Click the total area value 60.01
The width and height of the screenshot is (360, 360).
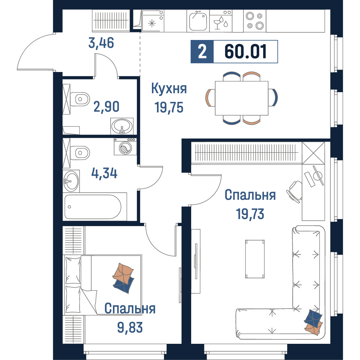tap(246, 51)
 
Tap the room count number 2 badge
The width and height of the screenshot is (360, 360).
tap(202, 51)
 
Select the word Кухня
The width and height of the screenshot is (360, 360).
tap(169, 89)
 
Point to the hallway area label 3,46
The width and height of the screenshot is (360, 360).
tap(101, 43)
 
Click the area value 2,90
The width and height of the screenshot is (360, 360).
tap(106, 107)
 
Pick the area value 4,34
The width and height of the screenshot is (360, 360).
tap(104, 173)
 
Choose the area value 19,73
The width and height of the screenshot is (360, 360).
tap(250, 214)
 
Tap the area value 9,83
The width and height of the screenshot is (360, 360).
tap(130, 327)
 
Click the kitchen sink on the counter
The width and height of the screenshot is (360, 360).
tap(198, 21)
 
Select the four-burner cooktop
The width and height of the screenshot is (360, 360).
tap(255, 21)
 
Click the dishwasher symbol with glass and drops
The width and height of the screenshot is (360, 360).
tap(221, 21)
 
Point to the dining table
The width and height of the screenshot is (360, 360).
tap(242, 98)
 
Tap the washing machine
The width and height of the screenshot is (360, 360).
tap(125, 147)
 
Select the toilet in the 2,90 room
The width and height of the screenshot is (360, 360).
tap(80, 99)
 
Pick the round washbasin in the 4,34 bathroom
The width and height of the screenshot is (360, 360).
tap(71, 181)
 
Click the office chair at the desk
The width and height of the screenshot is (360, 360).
tap(294, 192)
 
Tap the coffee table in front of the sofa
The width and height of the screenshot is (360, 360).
tap(255, 259)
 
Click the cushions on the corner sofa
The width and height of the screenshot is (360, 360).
tap(313, 321)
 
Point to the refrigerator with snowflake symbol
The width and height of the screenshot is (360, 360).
tap(152, 21)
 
